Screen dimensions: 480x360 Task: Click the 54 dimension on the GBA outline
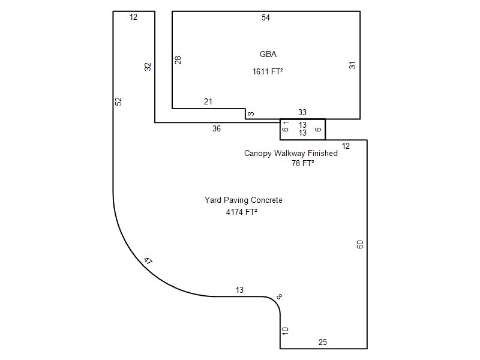(x=266, y=18)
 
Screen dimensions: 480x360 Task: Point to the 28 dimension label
(x=178, y=60)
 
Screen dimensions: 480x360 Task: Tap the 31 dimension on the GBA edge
(x=352, y=65)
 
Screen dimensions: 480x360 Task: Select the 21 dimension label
(x=208, y=101)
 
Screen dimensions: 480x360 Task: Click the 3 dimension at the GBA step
(x=251, y=114)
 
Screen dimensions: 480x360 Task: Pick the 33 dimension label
(x=302, y=112)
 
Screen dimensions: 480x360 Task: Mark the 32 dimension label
(x=148, y=67)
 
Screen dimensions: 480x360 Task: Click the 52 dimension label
(x=118, y=101)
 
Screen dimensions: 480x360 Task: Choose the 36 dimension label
(x=217, y=128)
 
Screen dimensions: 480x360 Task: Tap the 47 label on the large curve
(x=148, y=261)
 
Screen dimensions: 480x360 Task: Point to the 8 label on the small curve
(x=279, y=296)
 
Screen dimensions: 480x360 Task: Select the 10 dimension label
(x=285, y=331)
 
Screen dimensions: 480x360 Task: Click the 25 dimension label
(x=323, y=342)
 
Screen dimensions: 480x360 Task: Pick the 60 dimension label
(x=360, y=244)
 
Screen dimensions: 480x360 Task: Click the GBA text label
(x=268, y=54)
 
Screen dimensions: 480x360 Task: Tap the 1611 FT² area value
(x=268, y=71)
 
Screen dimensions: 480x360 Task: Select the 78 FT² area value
(x=303, y=163)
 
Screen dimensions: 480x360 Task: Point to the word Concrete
(x=266, y=200)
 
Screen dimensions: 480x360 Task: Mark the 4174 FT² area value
(x=242, y=212)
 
